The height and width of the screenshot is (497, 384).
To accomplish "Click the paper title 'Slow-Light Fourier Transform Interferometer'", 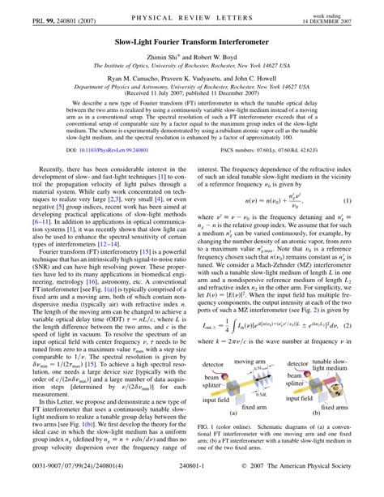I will (x=192, y=37).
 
